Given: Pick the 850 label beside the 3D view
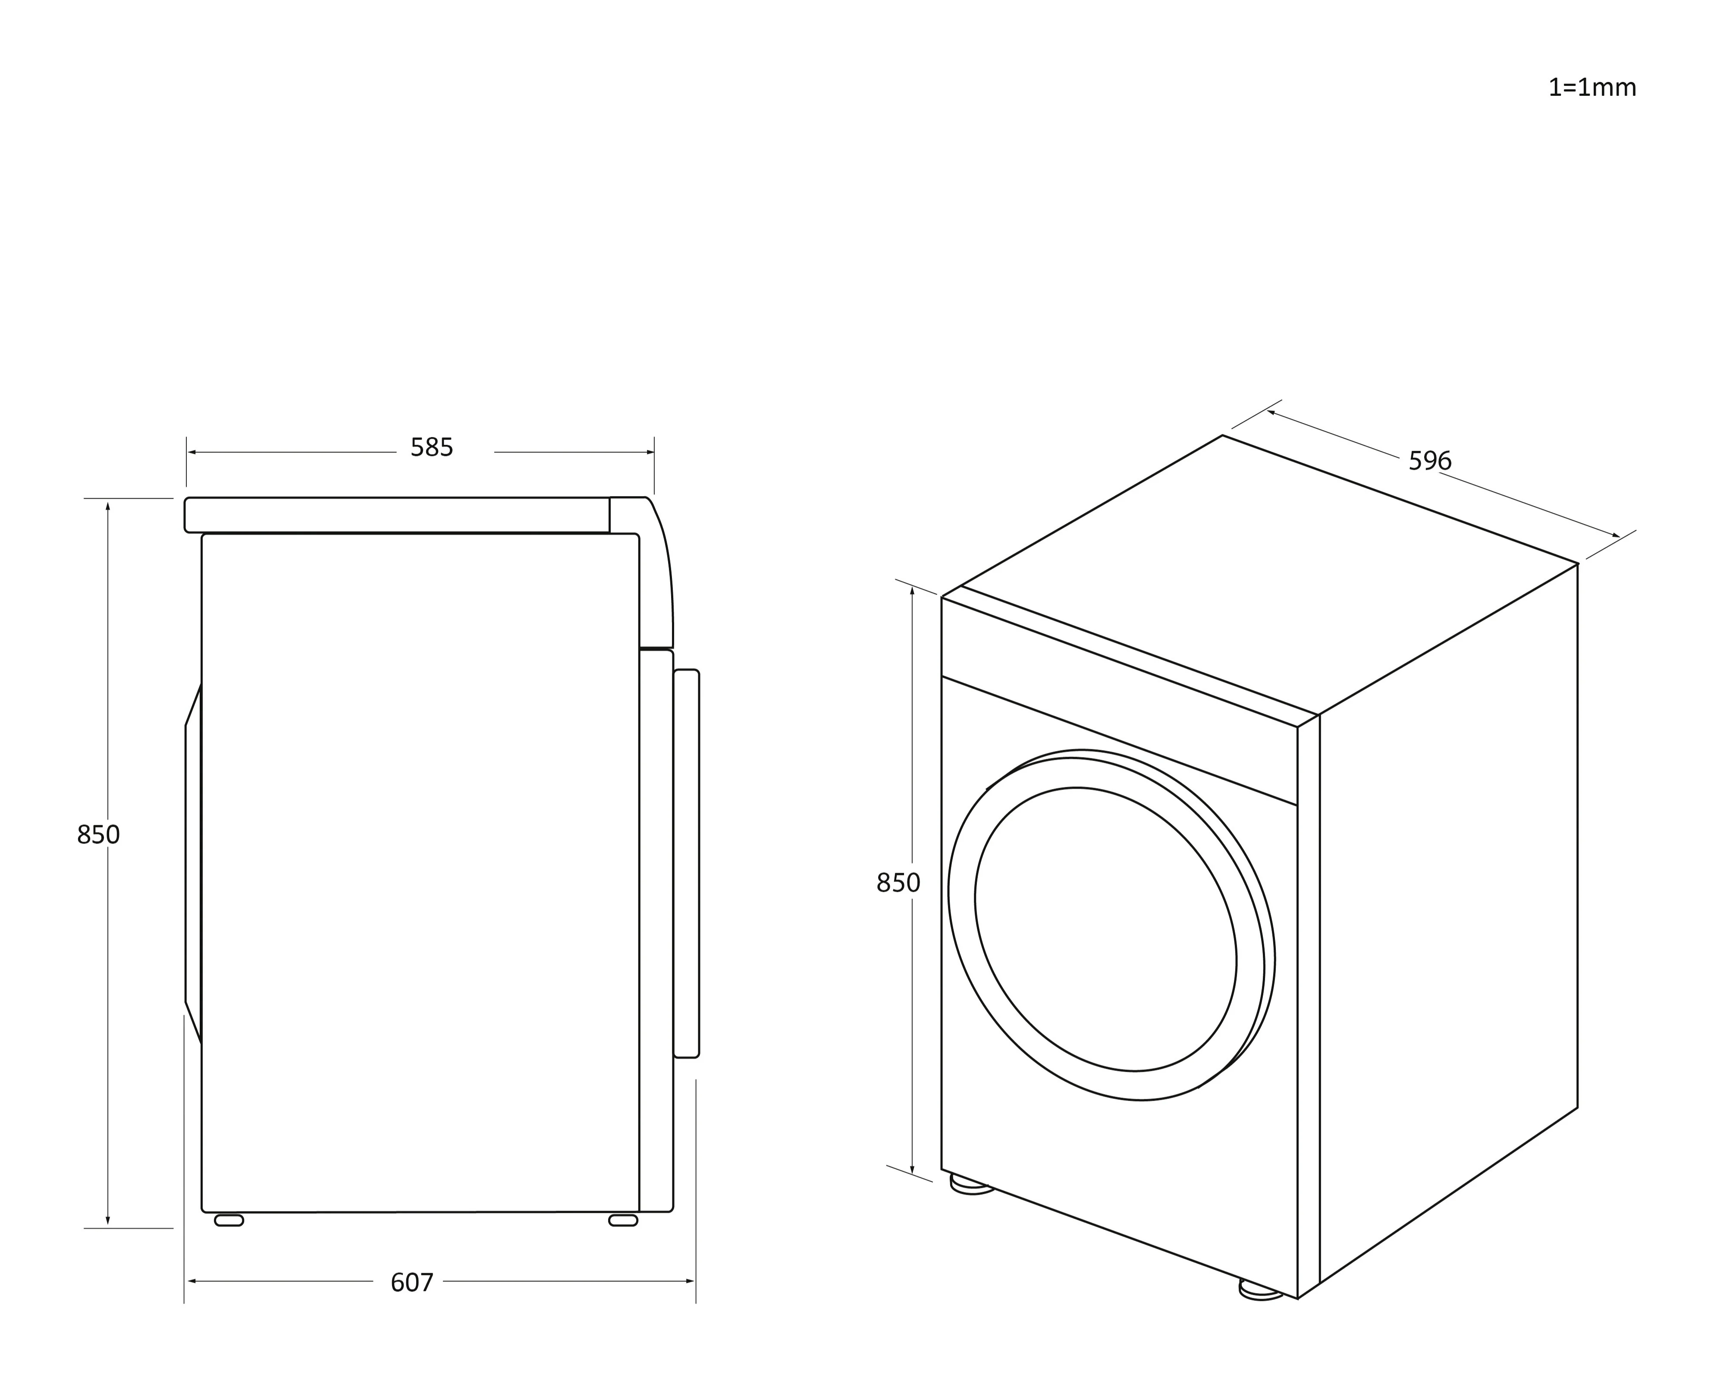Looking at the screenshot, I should (x=898, y=883).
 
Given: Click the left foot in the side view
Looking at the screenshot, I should (x=229, y=1221).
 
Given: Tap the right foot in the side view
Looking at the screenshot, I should (x=623, y=1221).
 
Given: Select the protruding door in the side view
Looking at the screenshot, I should (x=686, y=863).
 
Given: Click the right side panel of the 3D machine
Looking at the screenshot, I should (x=1447, y=915).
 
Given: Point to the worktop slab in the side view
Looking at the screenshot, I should (x=398, y=515).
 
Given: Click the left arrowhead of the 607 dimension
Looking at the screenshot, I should (x=191, y=1282).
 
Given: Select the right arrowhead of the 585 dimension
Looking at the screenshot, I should (x=650, y=453).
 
